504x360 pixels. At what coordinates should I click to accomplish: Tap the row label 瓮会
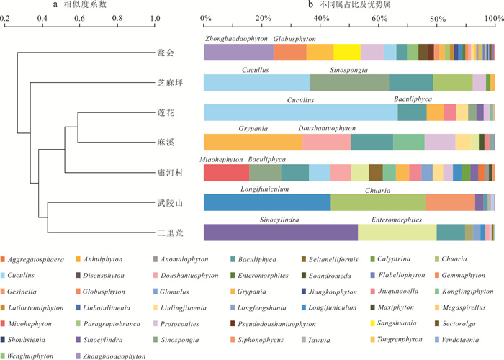tap(166, 53)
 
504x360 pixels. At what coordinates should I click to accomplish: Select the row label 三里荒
tap(166, 233)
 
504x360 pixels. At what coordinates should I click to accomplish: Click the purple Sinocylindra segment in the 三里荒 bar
tap(281, 233)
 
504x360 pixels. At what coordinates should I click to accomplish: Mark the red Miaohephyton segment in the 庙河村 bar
tap(226, 173)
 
